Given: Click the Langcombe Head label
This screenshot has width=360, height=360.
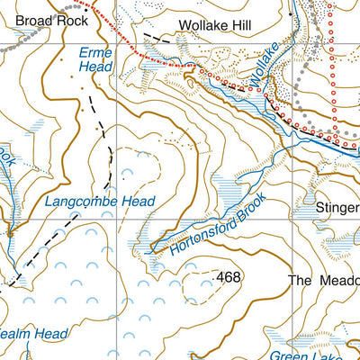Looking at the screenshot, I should (99, 202).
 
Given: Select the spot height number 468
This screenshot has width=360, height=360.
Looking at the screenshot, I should (229, 277).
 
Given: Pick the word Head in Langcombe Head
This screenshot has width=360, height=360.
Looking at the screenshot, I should (136, 202).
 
